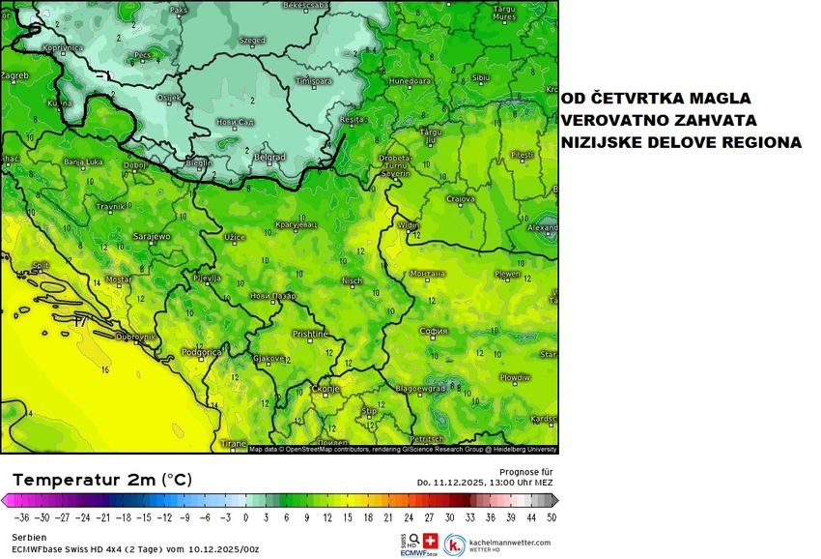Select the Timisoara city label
(x=313, y=81)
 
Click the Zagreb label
(x=14, y=74)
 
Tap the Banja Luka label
(x=83, y=162)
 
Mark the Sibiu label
(x=480, y=76)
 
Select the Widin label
(x=409, y=226)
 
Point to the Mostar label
(x=118, y=279)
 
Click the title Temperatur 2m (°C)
(x=102, y=480)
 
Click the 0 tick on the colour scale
(x=246, y=517)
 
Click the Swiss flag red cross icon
(x=431, y=541)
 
